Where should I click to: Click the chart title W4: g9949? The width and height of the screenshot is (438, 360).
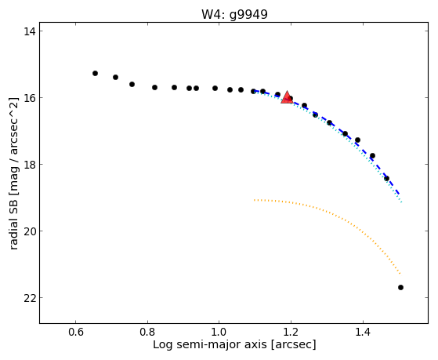point(234,14)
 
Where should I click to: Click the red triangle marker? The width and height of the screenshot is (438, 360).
point(287,97)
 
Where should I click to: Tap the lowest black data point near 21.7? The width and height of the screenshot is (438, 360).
point(400,287)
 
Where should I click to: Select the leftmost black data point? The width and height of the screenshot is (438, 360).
point(95,73)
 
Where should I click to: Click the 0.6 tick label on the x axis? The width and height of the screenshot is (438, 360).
point(75,332)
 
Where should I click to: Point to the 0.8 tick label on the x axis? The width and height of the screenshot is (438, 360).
point(147,332)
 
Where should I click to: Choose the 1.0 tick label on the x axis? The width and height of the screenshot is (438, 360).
point(219,332)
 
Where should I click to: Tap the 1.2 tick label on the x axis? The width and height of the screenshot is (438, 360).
point(291,332)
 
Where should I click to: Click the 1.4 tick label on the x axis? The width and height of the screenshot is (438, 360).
point(363,332)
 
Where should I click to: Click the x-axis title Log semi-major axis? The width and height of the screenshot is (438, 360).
point(210,344)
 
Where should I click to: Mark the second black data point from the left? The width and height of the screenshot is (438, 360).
point(115,77)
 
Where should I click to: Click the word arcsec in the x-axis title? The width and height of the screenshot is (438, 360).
point(293,345)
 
